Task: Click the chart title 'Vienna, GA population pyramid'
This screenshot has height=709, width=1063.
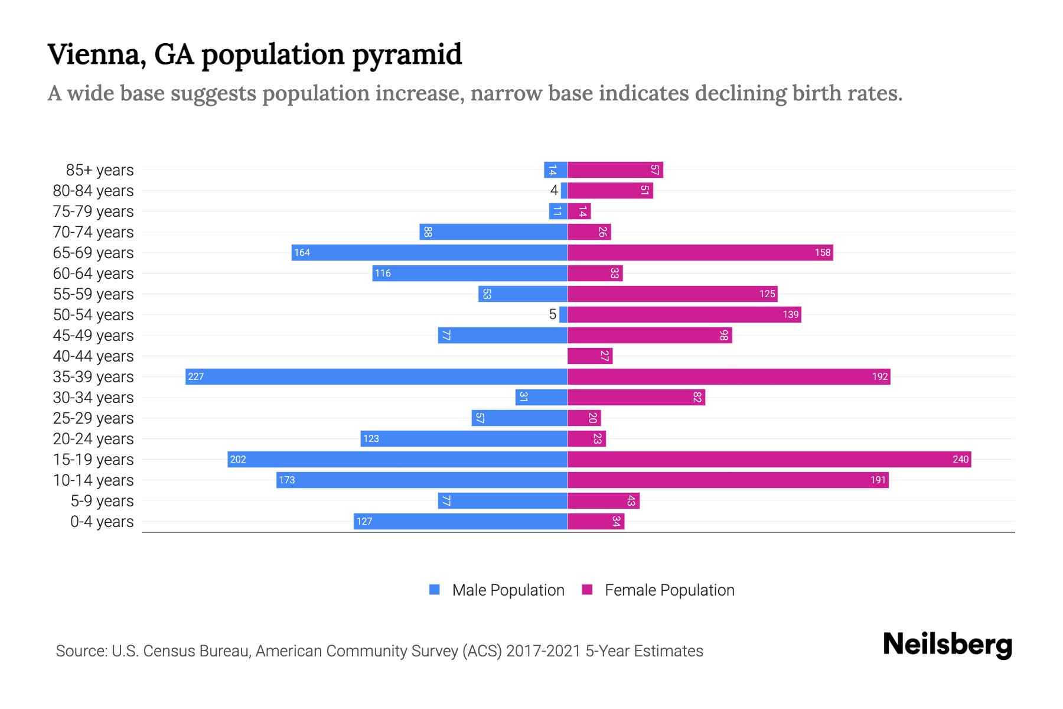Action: [255, 54]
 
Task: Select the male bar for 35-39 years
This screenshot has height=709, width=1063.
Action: [376, 376]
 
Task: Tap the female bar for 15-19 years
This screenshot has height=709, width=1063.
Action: [769, 459]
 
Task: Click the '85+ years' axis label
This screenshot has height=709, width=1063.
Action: [99, 170]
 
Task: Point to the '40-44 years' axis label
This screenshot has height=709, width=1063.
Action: [93, 356]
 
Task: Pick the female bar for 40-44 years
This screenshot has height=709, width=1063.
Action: [589, 356]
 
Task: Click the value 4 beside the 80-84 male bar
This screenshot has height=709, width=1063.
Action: [554, 190]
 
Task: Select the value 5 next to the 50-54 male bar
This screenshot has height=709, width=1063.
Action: [553, 314]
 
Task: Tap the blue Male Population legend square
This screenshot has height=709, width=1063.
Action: [435, 590]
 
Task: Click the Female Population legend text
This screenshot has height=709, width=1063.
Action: [669, 590]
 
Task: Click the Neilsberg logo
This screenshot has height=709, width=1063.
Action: [947, 645]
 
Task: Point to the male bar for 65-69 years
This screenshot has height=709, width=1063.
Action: [429, 252]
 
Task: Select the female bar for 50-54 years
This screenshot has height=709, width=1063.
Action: [684, 314]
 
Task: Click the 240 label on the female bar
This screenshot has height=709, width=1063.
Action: [960, 459]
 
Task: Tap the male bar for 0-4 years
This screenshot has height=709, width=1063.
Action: [461, 521]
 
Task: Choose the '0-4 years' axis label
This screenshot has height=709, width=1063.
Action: [102, 522]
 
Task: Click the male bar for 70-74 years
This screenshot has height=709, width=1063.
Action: [493, 232]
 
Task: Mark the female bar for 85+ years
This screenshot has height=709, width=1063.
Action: [615, 170]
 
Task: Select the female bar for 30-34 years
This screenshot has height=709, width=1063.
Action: [636, 397]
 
